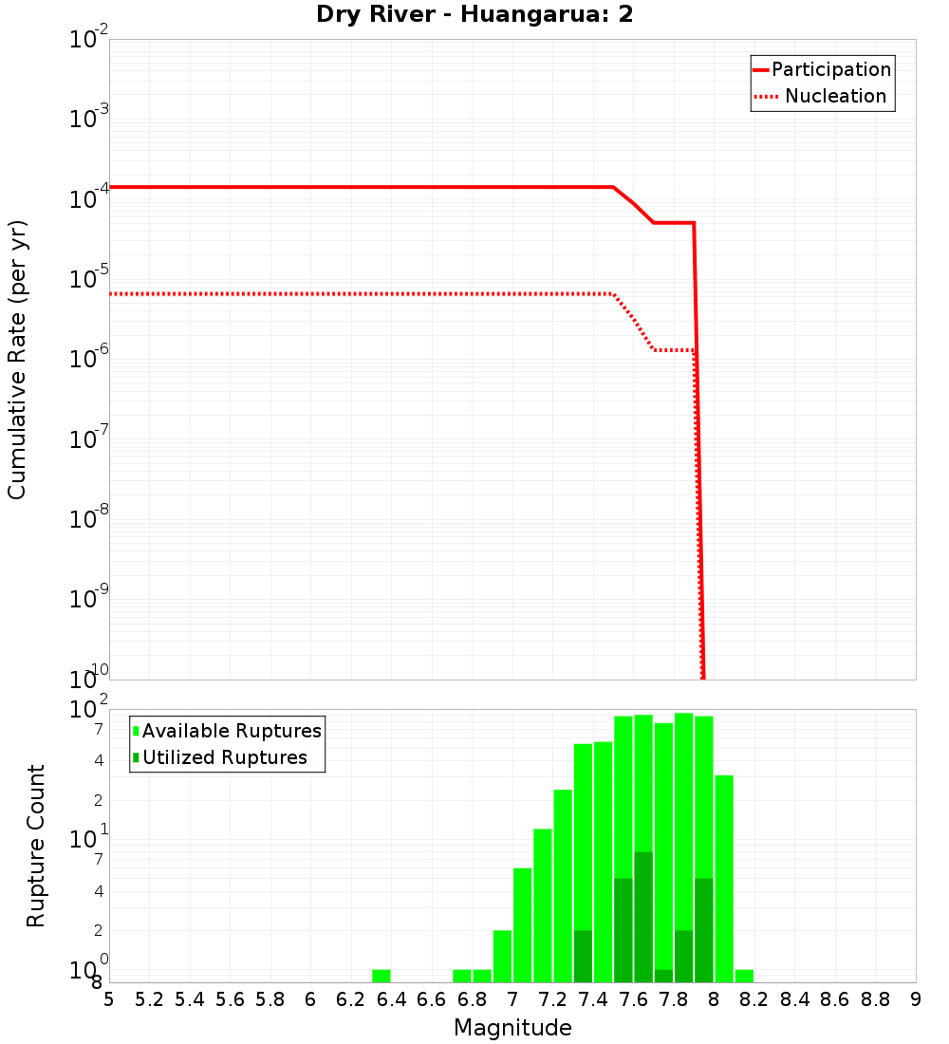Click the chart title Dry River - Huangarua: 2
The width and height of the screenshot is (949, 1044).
tap(474, 15)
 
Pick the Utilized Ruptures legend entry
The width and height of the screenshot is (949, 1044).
tap(224, 757)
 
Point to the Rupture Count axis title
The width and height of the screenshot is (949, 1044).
tap(36, 845)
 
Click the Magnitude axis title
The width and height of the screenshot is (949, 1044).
tap(512, 1028)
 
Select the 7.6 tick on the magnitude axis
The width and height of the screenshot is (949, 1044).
tap(633, 999)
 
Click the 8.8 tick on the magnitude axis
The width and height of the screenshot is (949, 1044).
tap(875, 999)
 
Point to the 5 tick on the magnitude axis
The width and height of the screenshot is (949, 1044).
tap(109, 999)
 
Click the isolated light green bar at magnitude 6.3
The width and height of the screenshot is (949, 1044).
tap(381, 976)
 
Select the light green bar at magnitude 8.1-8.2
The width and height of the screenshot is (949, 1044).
tap(744, 976)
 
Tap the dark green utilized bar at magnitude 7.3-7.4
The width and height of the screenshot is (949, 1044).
tap(583, 956)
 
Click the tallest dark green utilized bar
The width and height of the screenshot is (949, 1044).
tap(643, 917)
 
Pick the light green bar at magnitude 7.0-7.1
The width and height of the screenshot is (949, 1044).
tap(522, 925)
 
